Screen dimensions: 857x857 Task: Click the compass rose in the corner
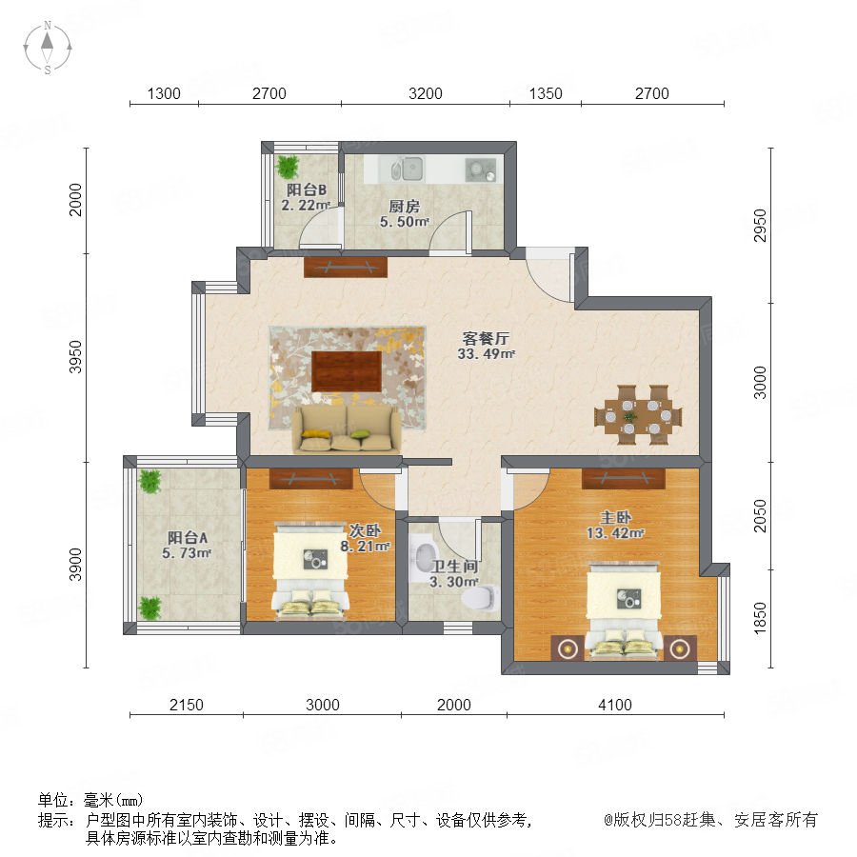[48, 47]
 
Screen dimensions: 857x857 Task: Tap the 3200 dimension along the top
[426, 93]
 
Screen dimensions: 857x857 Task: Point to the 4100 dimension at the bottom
[615, 705]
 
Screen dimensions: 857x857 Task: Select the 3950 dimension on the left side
[75, 357]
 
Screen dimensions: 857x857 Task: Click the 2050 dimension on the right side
[760, 515]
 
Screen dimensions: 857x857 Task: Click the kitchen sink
[409, 169]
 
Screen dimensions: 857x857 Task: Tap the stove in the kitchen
[481, 169]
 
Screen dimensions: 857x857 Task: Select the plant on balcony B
[287, 167]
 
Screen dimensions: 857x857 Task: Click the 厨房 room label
[405, 206]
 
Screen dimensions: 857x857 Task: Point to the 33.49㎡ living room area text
[486, 353]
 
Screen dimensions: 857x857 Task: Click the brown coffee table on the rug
[347, 371]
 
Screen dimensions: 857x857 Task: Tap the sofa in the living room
[347, 429]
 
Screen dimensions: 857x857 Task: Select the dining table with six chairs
[638, 415]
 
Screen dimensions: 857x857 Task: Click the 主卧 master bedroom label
[616, 516]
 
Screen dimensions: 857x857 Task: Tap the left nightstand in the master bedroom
[568, 648]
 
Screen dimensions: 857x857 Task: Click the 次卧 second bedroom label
[365, 530]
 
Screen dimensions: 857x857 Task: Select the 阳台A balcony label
[188, 537]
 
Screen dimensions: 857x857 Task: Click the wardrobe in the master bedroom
[624, 478]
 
